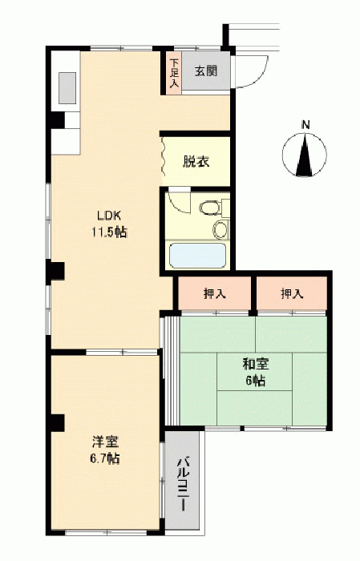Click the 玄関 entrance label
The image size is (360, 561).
point(206,71)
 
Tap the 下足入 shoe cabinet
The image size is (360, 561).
point(174,74)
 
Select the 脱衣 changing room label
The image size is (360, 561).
point(196,162)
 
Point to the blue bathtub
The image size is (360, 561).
point(197,255)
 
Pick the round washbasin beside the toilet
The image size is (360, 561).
point(220,230)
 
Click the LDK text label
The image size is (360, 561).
point(109,216)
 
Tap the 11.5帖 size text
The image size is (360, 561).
point(109,232)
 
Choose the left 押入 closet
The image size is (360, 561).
point(215,293)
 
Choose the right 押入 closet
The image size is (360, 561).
point(292,293)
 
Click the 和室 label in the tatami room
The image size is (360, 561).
point(256,365)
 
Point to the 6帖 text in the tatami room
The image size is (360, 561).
point(256,381)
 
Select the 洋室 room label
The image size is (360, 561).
point(105,442)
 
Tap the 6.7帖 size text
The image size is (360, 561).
point(105,458)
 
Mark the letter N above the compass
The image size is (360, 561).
point(305,125)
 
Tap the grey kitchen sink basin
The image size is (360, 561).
point(67,88)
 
